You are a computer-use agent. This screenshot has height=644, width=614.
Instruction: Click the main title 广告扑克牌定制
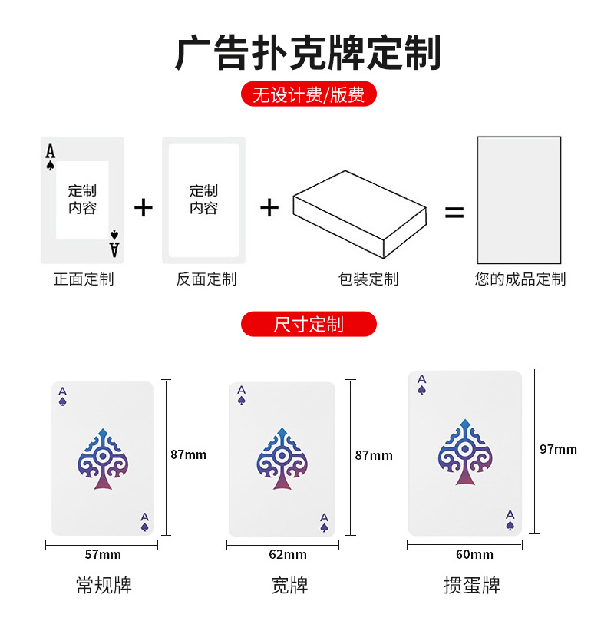308,53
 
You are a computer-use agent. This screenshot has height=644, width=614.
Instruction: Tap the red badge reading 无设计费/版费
309,94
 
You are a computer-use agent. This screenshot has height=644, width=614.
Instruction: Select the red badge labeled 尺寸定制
309,324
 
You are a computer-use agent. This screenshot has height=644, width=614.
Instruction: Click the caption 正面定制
83,279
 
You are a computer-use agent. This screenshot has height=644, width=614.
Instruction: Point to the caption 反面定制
206,279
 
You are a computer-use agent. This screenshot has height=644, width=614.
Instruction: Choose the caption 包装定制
368,279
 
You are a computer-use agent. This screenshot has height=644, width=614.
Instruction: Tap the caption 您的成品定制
520,279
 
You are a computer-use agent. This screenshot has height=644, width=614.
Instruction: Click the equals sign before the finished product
454,213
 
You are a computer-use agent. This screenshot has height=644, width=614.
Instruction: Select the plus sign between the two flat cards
144,207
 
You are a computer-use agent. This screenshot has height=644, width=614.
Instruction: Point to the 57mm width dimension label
102,554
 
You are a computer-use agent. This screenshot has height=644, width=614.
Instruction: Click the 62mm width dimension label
288,554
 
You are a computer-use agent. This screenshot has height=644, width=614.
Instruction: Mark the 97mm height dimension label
558,449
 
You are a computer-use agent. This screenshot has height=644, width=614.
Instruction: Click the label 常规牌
104,586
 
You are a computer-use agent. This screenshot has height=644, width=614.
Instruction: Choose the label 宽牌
289,586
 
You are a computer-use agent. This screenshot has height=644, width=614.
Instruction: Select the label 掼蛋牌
471,586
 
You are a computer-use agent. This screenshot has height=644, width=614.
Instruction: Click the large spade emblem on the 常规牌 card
102,459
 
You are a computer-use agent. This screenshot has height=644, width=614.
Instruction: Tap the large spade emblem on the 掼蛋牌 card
464,452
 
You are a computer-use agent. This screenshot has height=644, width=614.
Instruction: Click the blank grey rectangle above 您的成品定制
519,200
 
